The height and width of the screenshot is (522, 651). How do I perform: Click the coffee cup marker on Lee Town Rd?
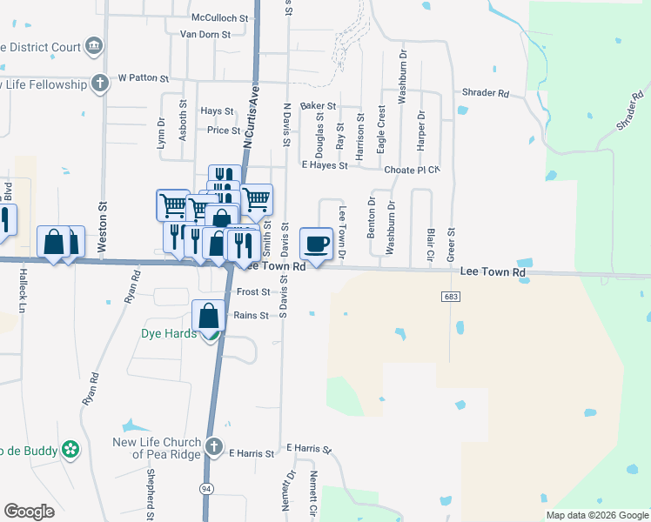(316, 243)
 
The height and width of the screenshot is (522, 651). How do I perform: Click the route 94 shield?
(207, 489)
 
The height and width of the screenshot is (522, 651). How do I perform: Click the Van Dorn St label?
(205, 35)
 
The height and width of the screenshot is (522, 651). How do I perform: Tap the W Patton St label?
(143, 78)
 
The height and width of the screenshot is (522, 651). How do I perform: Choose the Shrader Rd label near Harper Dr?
(486, 93)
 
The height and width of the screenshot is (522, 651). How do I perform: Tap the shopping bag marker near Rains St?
(209, 315)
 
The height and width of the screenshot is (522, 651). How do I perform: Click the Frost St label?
(252, 293)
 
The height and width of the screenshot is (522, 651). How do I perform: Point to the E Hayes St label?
(324, 165)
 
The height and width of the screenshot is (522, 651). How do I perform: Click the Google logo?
(29, 512)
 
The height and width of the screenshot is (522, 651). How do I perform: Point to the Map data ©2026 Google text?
(596, 515)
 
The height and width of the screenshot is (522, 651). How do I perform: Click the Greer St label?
(451, 244)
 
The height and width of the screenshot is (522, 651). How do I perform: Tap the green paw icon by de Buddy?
(70, 451)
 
